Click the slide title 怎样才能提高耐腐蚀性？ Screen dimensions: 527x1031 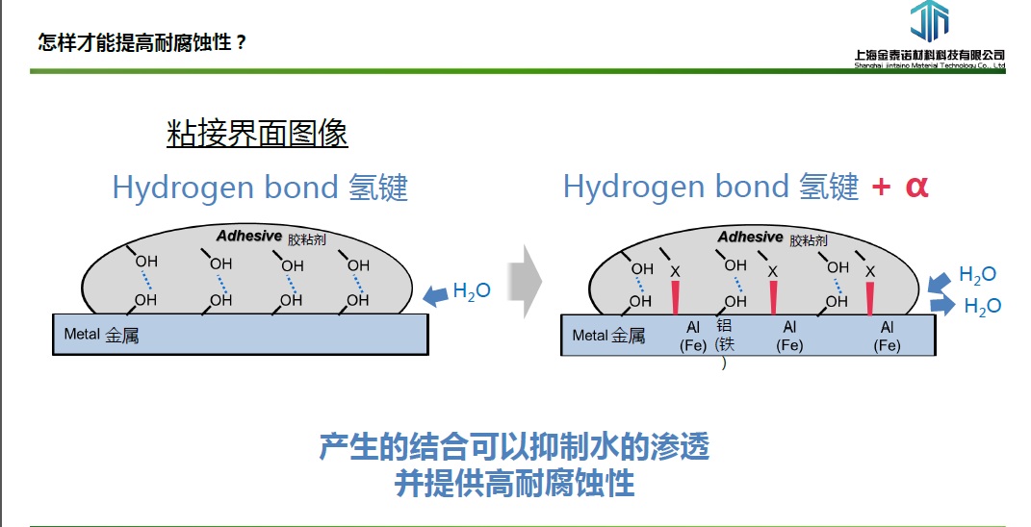[x=142, y=42]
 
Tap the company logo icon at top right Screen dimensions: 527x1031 [x=929, y=22]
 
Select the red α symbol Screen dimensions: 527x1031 [x=916, y=186]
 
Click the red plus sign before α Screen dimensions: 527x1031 [x=880, y=187]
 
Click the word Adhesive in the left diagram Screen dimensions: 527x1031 [x=249, y=236]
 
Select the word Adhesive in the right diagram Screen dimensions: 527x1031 [x=750, y=237]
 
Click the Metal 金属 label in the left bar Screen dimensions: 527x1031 [x=101, y=335]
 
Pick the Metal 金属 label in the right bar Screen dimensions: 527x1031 [x=608, y=336]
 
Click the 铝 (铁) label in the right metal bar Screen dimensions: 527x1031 [x=724, y=342]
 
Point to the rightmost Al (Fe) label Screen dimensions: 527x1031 [x=887, y=337]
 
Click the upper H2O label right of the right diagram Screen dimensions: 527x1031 [x=977, y=276]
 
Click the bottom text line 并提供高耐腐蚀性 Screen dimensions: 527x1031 [x=515, y=483]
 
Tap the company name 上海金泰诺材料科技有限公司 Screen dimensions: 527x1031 [x=929, y=55]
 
